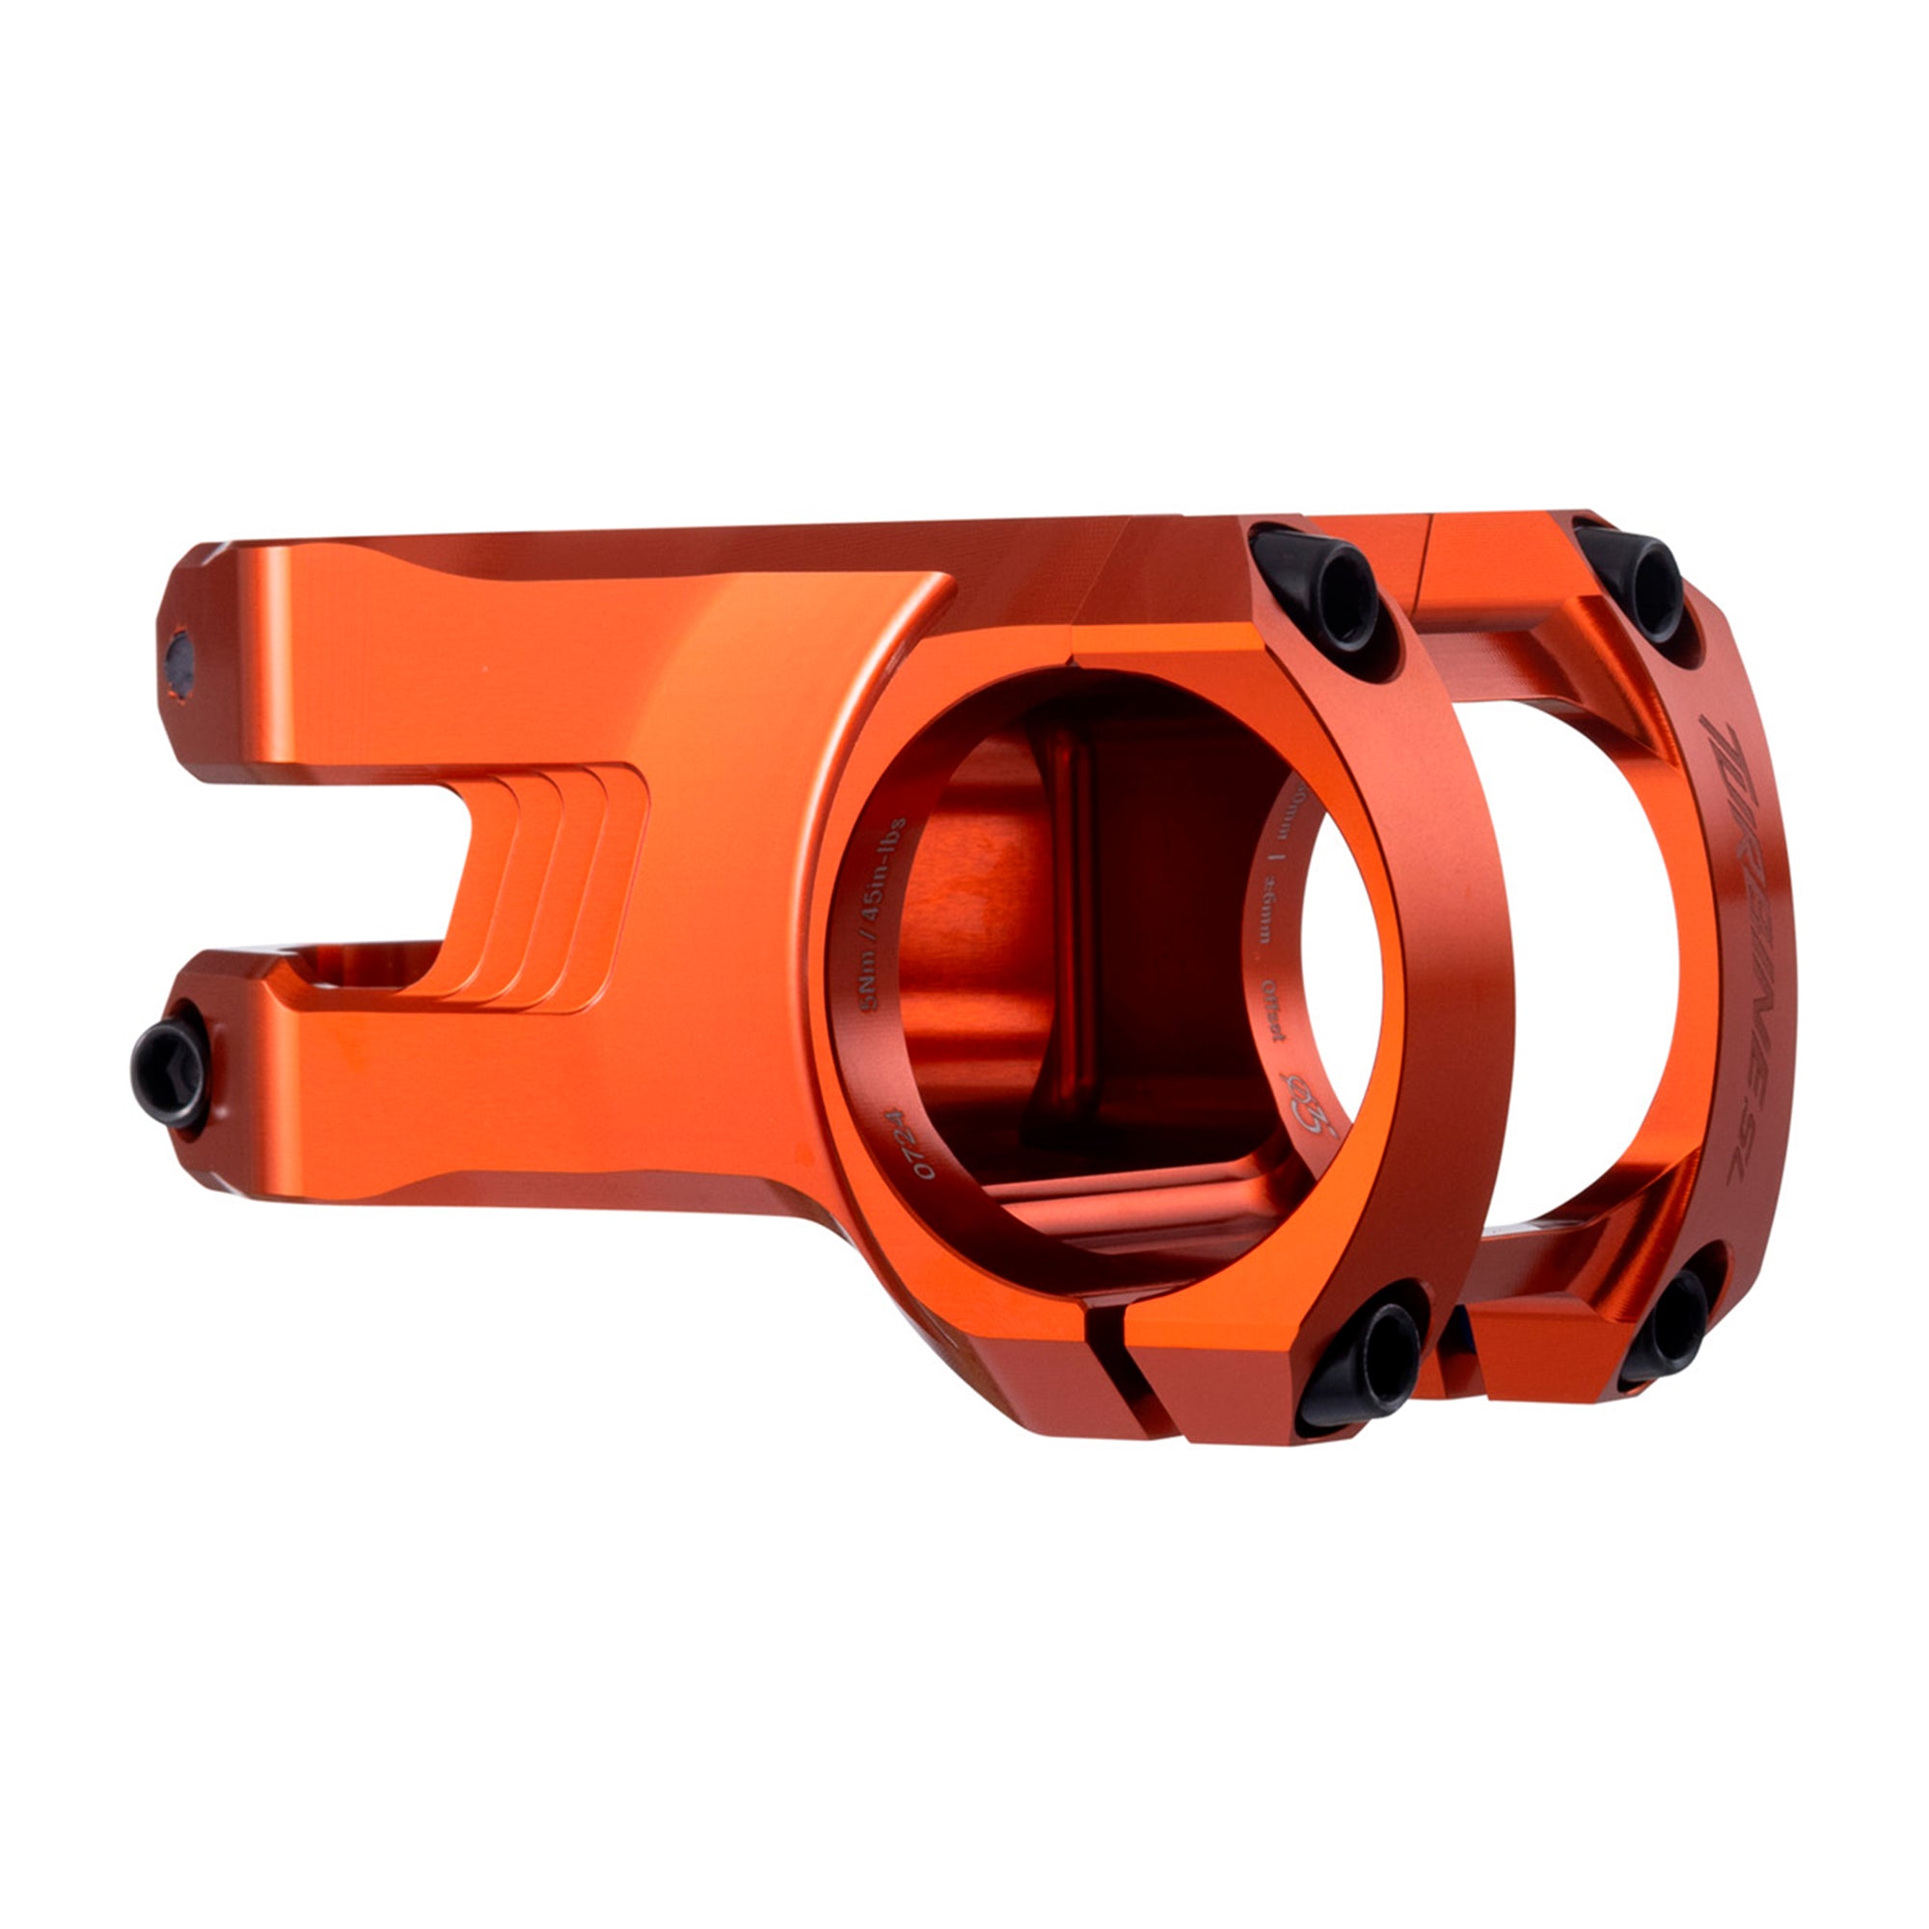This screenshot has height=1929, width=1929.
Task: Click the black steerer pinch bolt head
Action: (x=168, y=1077)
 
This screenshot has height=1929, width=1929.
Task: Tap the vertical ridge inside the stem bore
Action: (x=1069, y=899)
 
